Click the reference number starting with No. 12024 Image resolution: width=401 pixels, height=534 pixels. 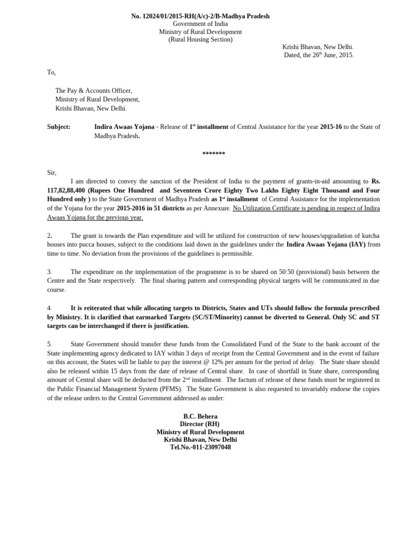(x=200, y=16)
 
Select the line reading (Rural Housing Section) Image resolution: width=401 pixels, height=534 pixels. (x=200, y=40)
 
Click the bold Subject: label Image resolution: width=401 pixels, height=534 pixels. (x=58, y=127)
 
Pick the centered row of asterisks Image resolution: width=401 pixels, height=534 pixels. (x=214, y=154)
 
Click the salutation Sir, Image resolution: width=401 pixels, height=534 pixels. (x=52, y=173)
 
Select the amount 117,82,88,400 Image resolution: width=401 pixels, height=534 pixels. (x=65, y=191)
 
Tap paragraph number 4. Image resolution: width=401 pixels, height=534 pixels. (x=49, y=308)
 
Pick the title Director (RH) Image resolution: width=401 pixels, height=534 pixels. (x=200, y=424)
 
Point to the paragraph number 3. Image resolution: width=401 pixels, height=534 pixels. (x=49, y=272)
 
